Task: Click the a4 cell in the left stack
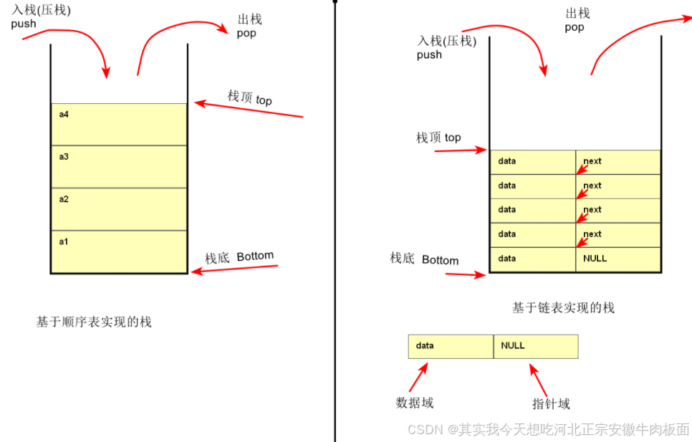click(119, 124)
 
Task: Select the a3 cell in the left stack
click(119, 166)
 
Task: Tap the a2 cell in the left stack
click(119, 208)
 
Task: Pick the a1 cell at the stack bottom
click(119, 251)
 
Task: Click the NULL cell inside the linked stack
click(617, 259)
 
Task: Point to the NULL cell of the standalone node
click(535, 346)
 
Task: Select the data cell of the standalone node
click(451, 346)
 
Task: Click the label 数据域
click(415, 403)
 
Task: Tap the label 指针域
click(551, 403)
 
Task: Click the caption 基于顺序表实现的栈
click(94, 322)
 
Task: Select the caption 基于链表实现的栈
click(563, 307)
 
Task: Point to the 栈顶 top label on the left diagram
click(250, 98)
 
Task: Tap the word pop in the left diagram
click(246, 33)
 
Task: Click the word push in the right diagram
click(429, 54)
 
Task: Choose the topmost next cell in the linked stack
click(617, 162)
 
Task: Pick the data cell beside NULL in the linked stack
click(532, 259)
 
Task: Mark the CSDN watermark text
click(548, 428)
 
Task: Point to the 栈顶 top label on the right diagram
click(438, 137)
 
